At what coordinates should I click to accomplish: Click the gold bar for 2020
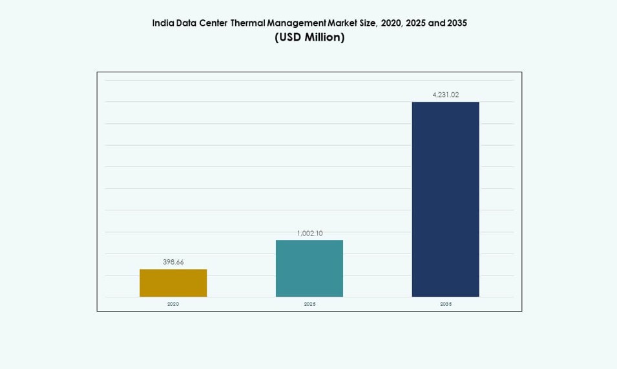coord(173,283)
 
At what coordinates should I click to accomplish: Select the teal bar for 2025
coord(309,268)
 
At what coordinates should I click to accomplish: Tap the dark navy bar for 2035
coord(445,199)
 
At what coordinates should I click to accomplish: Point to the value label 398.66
coord(173,262)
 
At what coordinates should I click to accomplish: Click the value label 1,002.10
coord(309,234)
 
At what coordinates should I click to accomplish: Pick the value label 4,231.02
coord(445,95)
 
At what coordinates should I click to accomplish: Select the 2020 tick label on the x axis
coord(173,304)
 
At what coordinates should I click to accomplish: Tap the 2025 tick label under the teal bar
coord(309,304)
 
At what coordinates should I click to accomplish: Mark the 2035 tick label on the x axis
coord(445,304)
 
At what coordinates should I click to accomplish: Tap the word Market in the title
coord(344,23)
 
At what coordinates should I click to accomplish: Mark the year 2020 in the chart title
coord(391,23)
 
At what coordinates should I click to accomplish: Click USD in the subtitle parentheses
coord(291,37)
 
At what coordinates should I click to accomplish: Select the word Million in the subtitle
coord(322,37)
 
